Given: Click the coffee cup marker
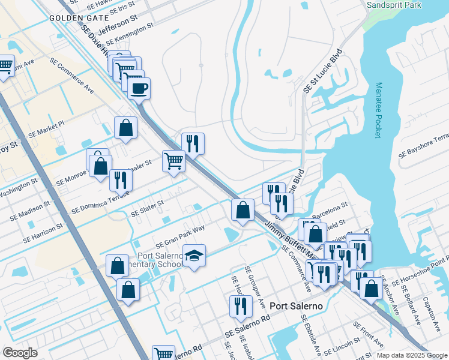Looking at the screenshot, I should click(139, 89).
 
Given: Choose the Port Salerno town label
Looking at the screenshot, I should click(297, 305).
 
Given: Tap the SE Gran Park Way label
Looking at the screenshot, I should click(180, 236).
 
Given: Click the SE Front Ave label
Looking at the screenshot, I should click(368, 334).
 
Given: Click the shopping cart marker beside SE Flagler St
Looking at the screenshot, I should click(173, 160).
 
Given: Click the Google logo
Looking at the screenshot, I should click(19, 353).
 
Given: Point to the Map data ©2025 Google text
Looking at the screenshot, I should click(412, 355).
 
